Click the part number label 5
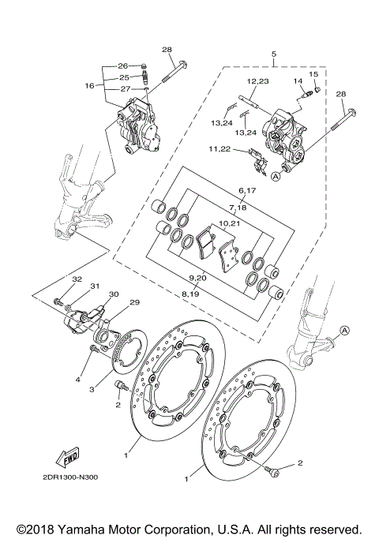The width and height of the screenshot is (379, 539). (273, 54)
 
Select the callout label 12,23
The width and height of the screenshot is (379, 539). (257, 81)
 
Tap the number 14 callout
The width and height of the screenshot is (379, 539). (298, 81)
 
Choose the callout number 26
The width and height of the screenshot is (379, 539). (123, 66)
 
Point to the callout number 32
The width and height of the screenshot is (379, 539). (77, 279)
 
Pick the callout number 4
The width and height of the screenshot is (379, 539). (78, 380)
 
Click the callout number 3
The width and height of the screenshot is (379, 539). (92, 389)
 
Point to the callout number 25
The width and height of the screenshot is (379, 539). (123, 77)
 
